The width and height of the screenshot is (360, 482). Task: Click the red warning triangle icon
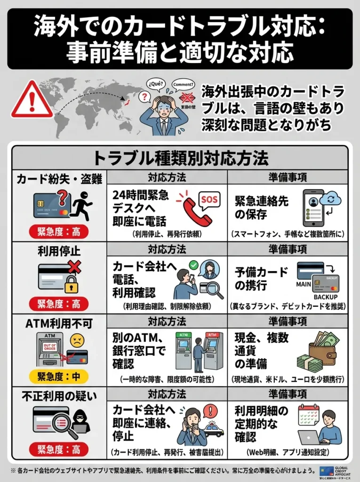[x=32, y=100]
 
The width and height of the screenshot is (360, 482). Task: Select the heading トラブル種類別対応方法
[x=180, y=158]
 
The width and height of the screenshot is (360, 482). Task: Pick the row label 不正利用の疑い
[x=59, y=397]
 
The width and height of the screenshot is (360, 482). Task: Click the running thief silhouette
[x=83, y=206]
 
